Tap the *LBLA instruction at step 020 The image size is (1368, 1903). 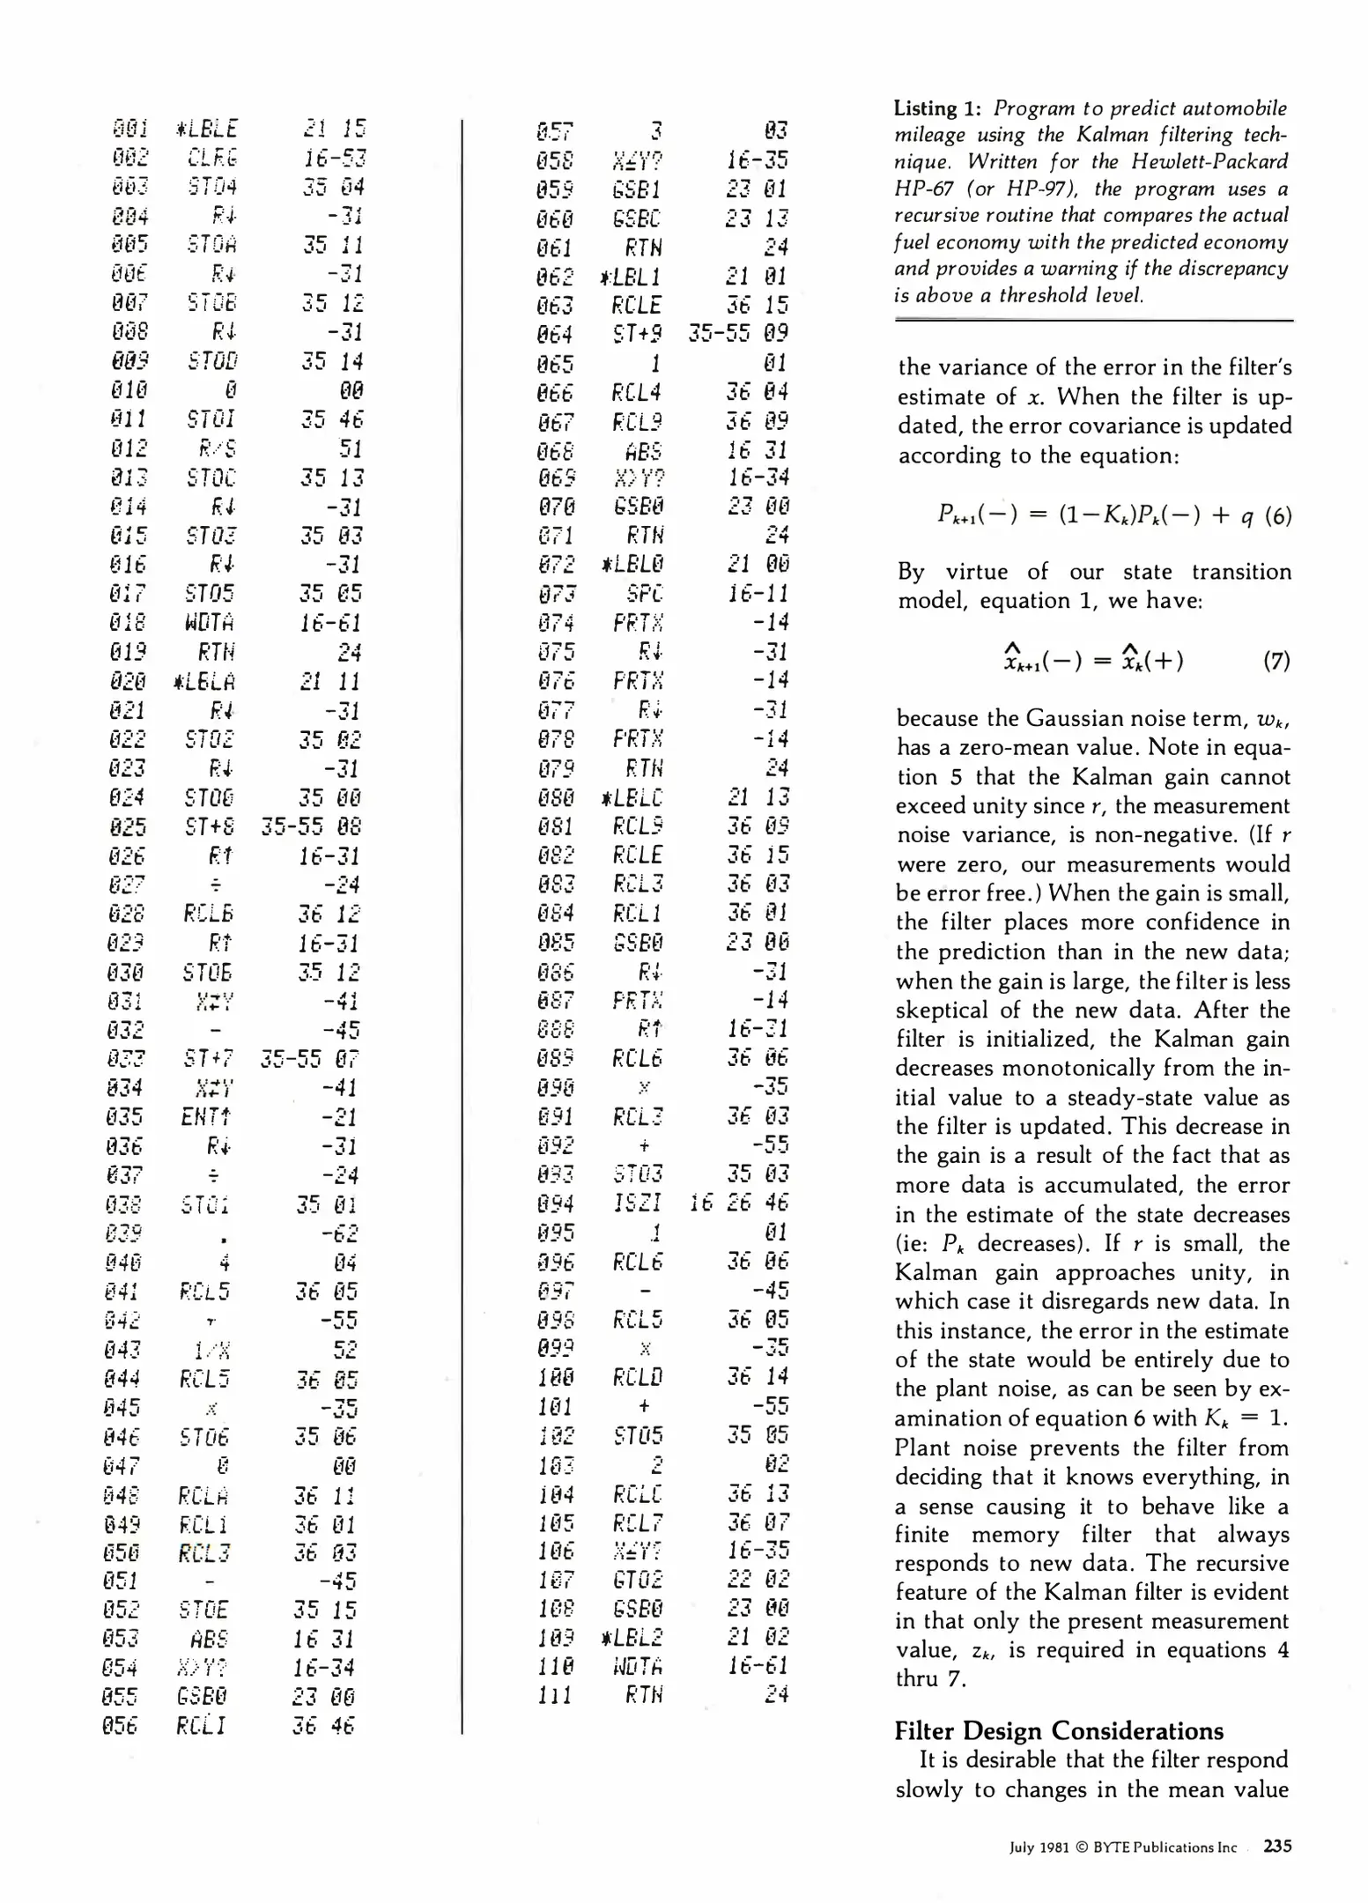205,682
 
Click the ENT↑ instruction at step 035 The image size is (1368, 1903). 206,1117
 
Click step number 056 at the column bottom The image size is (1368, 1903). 119,1726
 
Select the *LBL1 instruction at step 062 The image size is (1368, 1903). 630,277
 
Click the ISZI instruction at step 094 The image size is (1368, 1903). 637,1203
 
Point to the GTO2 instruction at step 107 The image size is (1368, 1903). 638,1579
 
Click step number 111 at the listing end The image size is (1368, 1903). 555,1695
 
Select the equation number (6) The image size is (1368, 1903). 1277,515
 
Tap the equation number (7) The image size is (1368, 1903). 1276,661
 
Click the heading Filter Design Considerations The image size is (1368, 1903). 1058,1731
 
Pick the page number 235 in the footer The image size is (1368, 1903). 1277,1846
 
